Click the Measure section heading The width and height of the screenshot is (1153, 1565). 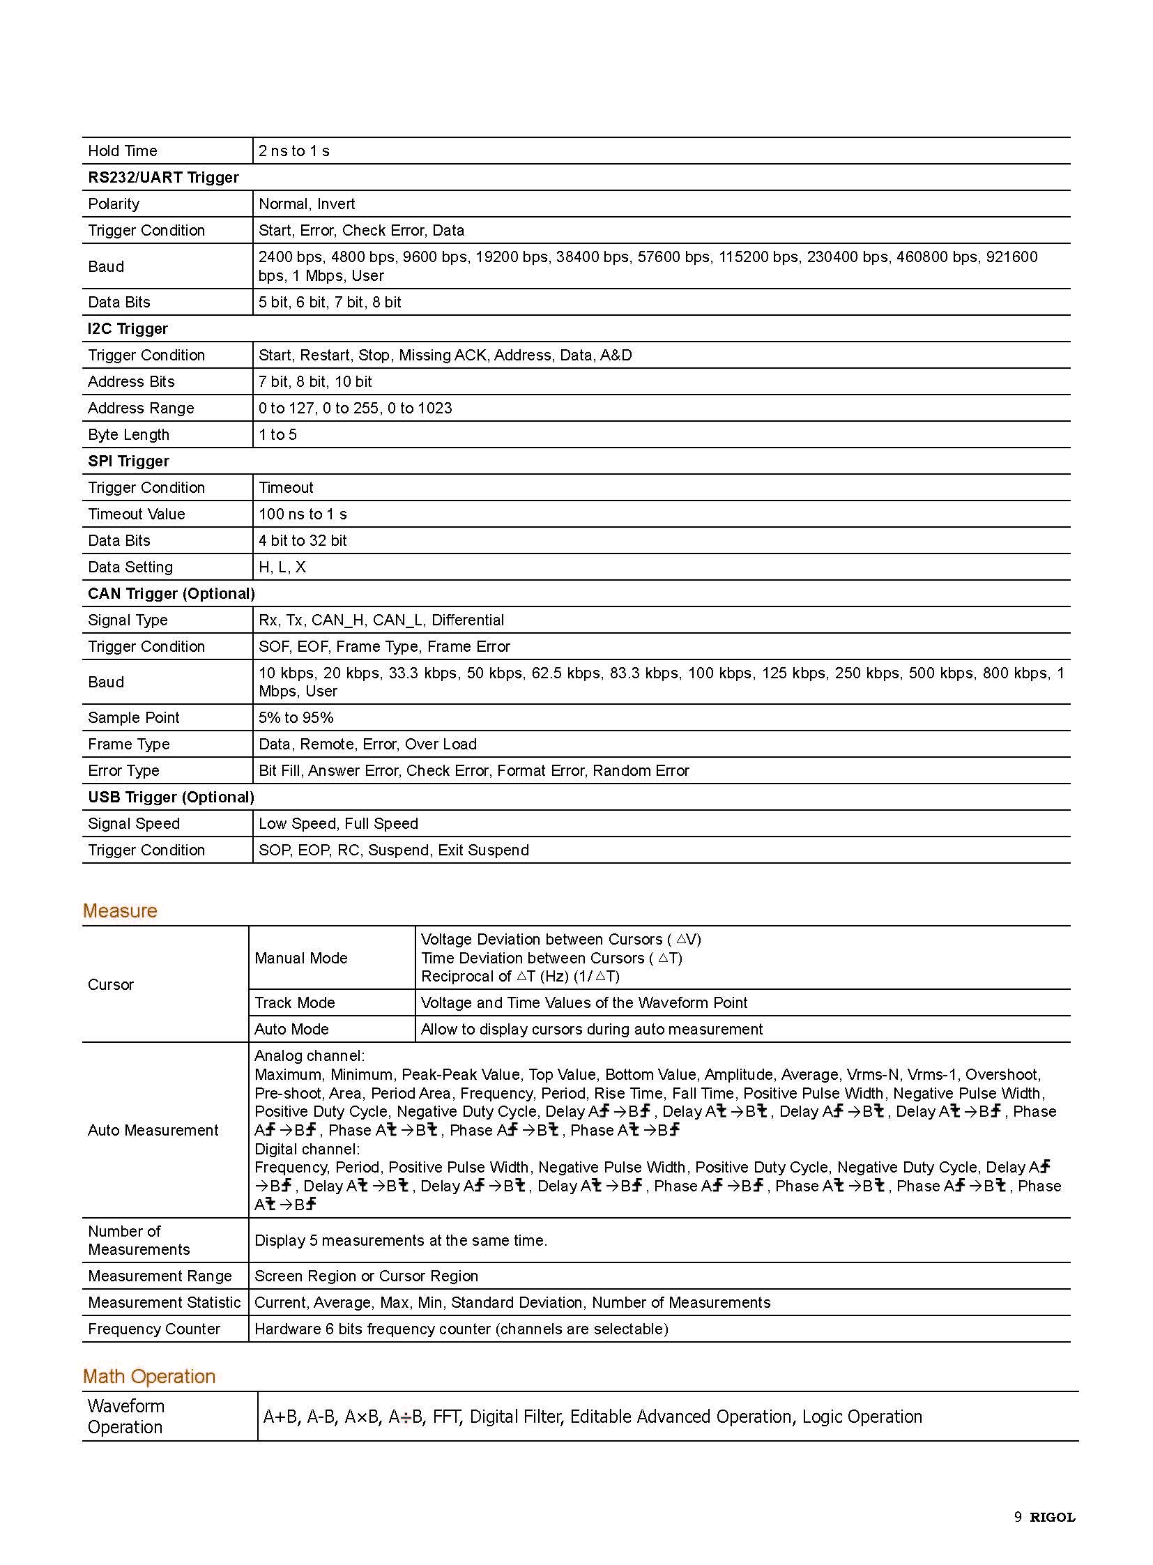(120, 910)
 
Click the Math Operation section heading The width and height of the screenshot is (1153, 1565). (149, 1376)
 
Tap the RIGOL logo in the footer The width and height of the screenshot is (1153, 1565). (1053, 1517)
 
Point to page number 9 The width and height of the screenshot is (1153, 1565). (1018, 1517)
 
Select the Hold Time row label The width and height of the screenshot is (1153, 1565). (123, 151)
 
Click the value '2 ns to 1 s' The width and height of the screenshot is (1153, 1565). (294, 151)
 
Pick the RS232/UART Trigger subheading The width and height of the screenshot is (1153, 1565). (163, 177)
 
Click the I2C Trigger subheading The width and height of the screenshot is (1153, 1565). (128, 329)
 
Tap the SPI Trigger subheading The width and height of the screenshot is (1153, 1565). (128, 461)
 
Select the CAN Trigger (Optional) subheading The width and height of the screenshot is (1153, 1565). (171, 593)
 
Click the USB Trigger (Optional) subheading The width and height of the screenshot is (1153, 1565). (171, 797)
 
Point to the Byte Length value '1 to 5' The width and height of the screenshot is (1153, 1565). (277, 435)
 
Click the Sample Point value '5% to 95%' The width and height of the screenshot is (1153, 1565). (296, 717)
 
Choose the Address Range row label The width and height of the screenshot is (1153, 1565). (141, 409)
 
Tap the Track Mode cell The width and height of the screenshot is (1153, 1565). (295, 1003)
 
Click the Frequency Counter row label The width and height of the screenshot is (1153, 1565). (154, 1329)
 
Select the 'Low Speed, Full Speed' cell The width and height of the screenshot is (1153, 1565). (339, 824)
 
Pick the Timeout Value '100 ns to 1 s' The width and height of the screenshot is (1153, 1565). (303, 514)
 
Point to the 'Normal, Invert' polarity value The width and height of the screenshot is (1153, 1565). (307, 204)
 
